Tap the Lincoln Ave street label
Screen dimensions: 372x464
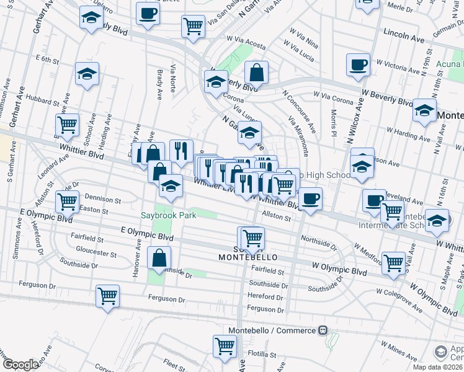[404, 35]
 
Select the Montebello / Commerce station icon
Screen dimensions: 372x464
[322, 330]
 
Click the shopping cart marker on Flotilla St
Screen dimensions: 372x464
[225, 346]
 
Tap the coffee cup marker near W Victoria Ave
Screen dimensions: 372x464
[359, 65]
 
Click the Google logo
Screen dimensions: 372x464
[20, 364]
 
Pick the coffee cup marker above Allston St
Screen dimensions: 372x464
[310, 199]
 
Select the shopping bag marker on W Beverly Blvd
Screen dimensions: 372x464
[256, 73]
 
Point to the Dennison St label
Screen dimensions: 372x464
[102, 200]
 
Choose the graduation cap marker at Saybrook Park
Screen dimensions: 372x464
[171, 185]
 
